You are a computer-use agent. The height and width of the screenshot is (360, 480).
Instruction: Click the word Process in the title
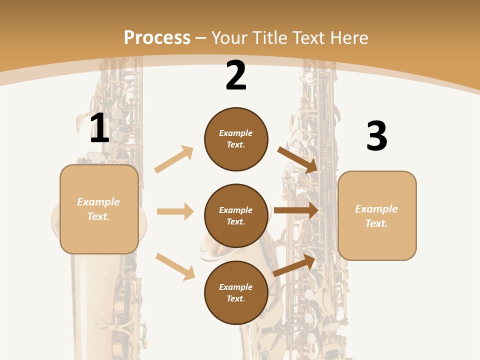157,37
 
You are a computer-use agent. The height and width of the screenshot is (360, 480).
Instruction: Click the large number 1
99,128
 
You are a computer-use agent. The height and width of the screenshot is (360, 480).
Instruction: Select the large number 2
236,76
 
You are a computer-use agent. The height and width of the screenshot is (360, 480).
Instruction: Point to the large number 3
376,136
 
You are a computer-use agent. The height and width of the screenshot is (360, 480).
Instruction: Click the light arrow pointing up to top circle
173,159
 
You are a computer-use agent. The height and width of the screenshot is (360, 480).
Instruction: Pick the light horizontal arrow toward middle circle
175,211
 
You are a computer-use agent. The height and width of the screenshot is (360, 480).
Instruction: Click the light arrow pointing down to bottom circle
175,266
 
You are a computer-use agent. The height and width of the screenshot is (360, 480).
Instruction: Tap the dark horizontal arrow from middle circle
296,210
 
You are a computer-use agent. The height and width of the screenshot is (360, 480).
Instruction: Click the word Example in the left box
98,202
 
